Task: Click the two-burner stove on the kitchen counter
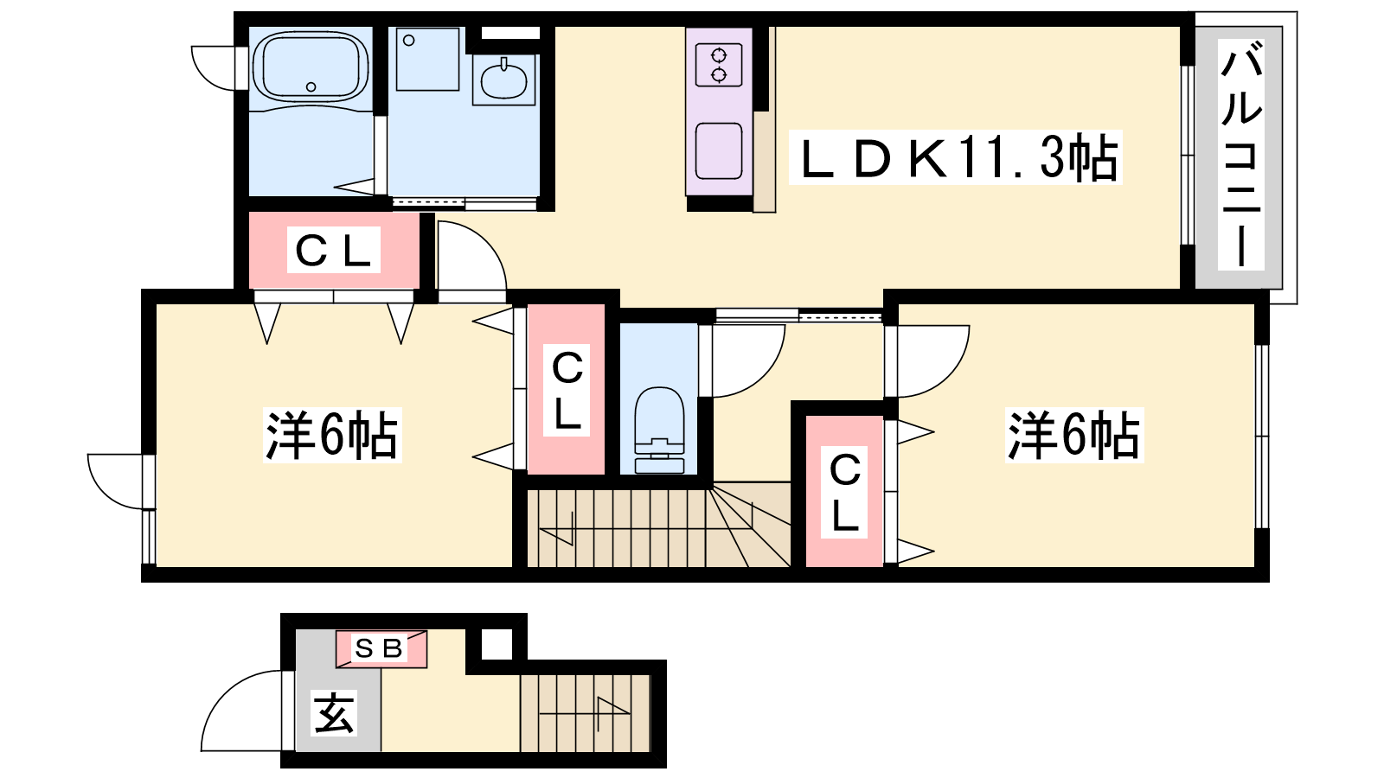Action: [719, 65]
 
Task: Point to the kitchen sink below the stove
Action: [719, 151]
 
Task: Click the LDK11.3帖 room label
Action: [955, 158]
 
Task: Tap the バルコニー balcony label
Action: [1240, 155]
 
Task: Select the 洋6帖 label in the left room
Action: [332, 435]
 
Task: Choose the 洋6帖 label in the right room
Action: [1074, 435]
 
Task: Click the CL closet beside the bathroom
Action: [334, 250]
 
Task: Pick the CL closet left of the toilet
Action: [567, 390]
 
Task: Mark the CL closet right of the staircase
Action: [844, 492]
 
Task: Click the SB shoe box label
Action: [380, 648]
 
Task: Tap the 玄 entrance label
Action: [334, 713]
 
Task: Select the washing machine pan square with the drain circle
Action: [427, 60]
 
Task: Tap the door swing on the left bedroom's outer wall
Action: [116, 481]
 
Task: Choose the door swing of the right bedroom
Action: [933, 361]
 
